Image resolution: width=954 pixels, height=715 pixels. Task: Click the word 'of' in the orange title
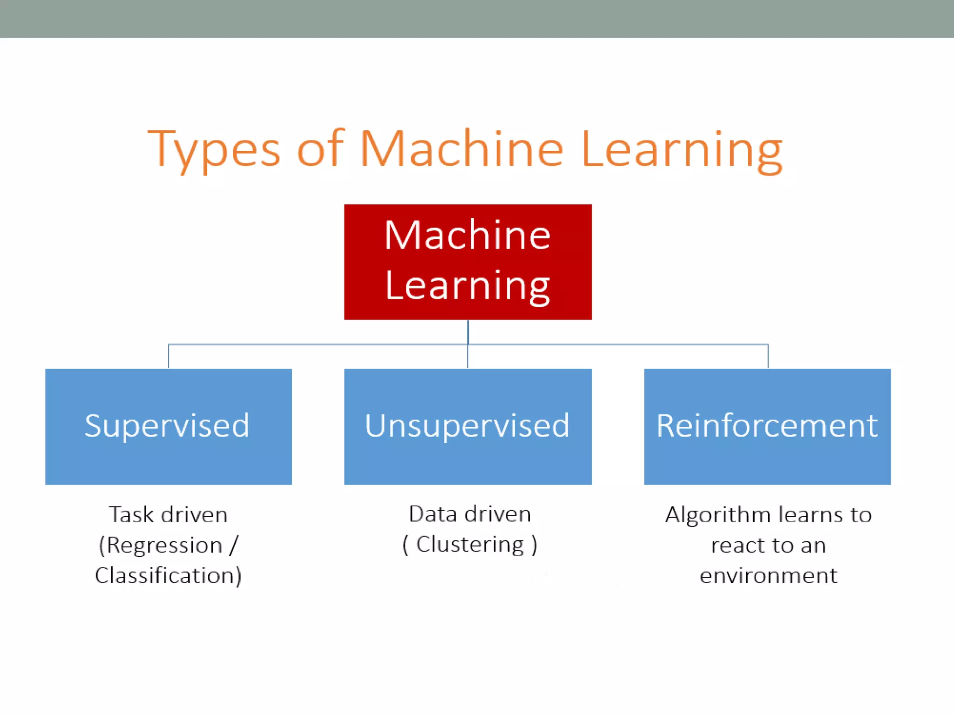[320, 149]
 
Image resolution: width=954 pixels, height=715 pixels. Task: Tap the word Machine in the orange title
[461, 149]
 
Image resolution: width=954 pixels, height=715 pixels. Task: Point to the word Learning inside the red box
[468, 286]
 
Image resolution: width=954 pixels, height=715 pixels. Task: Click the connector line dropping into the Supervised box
[169, 357]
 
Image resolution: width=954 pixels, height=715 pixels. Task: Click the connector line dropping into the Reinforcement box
[768, 357]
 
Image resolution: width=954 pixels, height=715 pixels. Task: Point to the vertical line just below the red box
[468, 331]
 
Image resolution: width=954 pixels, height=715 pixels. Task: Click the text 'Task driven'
[168, 515]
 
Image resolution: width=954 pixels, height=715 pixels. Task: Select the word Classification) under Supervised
[168, 576]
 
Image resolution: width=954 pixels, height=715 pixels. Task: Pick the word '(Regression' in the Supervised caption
[161, 545]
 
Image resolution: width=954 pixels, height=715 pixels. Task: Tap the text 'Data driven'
[470, 514]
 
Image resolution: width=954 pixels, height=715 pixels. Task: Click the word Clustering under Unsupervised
[470, 544]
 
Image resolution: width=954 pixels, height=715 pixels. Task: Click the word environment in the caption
[768, 576]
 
